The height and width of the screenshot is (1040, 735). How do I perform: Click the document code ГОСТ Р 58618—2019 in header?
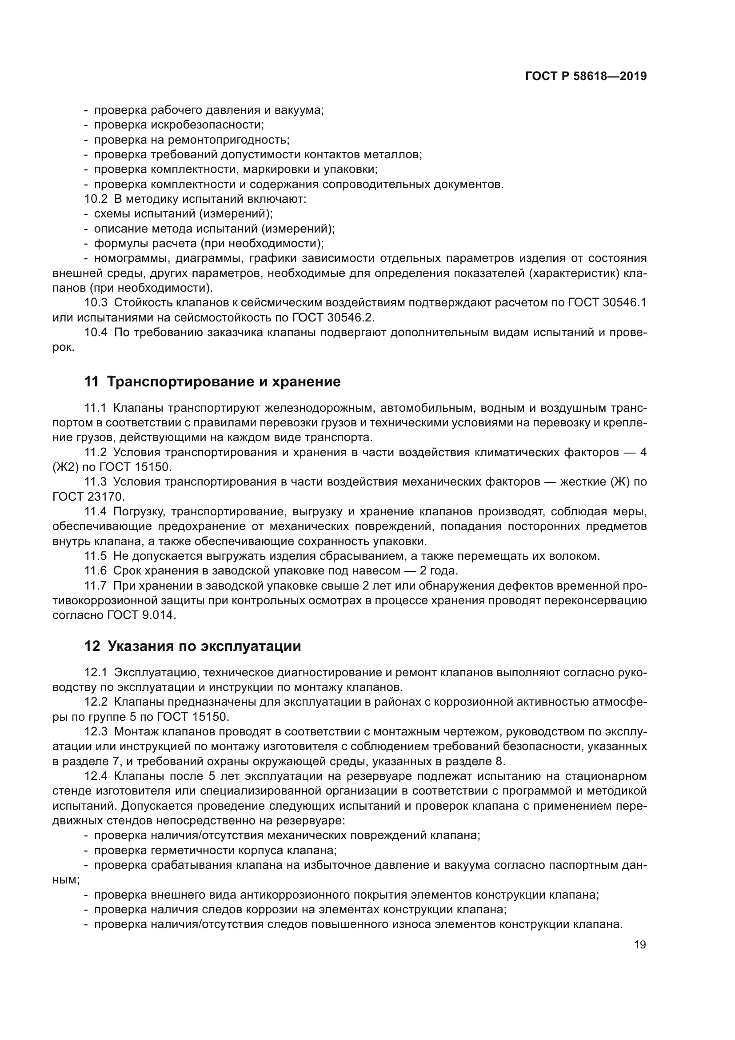[586, 76]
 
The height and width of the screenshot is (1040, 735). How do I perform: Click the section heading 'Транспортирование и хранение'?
[224, 382]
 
